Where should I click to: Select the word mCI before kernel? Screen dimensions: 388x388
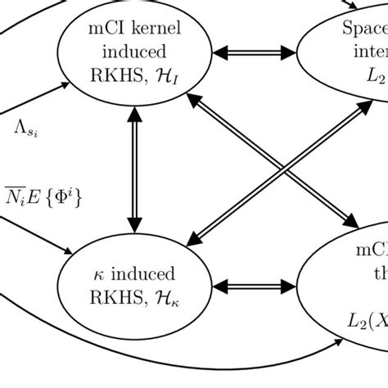coord(106,32)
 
